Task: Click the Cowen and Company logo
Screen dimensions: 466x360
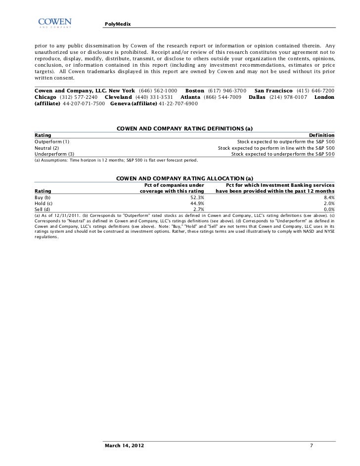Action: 54,23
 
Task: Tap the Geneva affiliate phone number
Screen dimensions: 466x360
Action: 178,104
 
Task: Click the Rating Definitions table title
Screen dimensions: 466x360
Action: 184,128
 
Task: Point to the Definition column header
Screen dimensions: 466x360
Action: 321,135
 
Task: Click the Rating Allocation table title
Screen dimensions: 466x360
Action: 184,178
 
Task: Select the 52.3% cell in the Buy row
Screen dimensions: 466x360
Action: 197,197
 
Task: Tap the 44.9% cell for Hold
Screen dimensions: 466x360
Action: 197,203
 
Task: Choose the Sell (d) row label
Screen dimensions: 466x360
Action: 43,210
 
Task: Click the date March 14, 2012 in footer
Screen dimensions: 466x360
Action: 125,446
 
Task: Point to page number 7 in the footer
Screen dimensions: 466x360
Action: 311,446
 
